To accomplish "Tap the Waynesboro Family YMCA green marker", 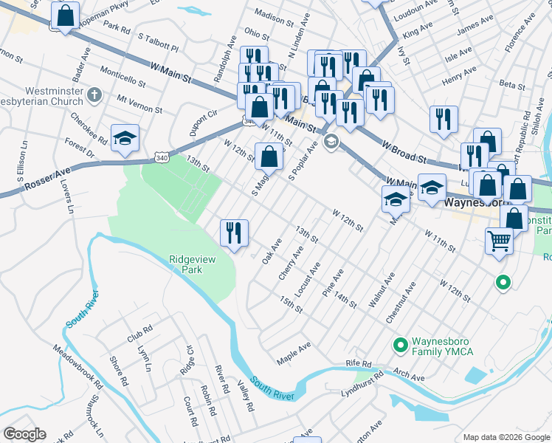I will point(401,345).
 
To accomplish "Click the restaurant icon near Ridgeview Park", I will point(235,233).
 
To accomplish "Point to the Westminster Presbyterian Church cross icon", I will point(93,95).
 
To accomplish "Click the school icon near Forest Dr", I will point(125,138).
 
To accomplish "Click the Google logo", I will point(24,434).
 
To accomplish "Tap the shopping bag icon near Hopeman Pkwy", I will point(66,16).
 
